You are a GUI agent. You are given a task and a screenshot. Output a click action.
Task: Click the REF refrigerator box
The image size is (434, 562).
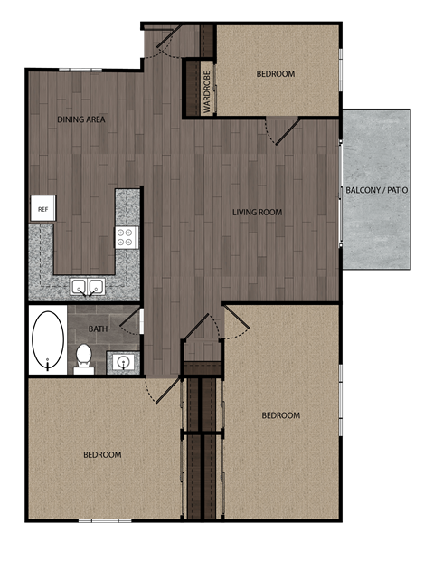(x=42, y=209)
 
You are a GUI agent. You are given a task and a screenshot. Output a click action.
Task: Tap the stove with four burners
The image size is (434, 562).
(x=126, y=237)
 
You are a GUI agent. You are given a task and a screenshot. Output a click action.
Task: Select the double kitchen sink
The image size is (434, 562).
(x=88, y=288)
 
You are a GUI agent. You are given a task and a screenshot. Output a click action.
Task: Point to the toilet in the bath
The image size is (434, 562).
(x=83, y=356)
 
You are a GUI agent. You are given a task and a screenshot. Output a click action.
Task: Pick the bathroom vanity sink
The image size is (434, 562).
(x=124, y=362)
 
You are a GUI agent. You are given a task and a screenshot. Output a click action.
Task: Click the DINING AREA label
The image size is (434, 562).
(x=76, y=119)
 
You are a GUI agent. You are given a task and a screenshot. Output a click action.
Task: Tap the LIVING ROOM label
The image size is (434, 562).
(x=257, y=213)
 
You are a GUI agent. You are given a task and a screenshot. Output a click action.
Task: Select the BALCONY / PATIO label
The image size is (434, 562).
(x=376, y=190)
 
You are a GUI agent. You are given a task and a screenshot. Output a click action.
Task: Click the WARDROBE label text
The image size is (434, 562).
(x=206, y=91)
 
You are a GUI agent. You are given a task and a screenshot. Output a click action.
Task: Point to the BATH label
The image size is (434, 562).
(x=99, y=329)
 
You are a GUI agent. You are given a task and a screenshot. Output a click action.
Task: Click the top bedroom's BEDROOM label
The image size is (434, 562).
(x=275, y=73)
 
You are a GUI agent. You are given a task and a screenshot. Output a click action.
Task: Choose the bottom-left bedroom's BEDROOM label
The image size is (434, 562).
(x=102, y=454)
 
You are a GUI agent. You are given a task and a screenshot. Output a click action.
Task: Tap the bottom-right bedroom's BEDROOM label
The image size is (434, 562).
(x=280, y=415)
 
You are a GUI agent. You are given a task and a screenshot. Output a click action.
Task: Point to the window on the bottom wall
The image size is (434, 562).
(x=105, y=520)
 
